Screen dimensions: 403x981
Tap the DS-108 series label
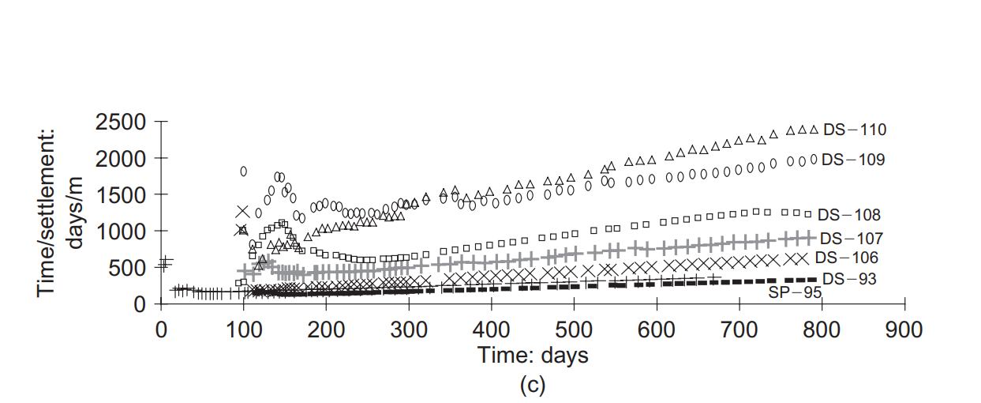[x=849, y=215]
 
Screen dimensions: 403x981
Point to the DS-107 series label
[x=851, y=238]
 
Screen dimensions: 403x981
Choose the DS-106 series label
[x=846, y=258]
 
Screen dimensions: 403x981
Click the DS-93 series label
[x=849, y=279]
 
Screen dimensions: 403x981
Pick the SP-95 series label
[x=796, y=292]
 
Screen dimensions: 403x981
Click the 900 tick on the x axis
[x=904, y=329]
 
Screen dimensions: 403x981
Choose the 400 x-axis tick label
[x=491, y=329]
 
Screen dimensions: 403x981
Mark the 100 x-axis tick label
[x=243, y=329]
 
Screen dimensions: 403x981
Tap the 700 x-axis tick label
[x=739, y=329]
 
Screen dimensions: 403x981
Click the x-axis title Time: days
[x=533, y=355]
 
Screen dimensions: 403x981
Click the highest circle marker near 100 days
[x=243, y=171]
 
